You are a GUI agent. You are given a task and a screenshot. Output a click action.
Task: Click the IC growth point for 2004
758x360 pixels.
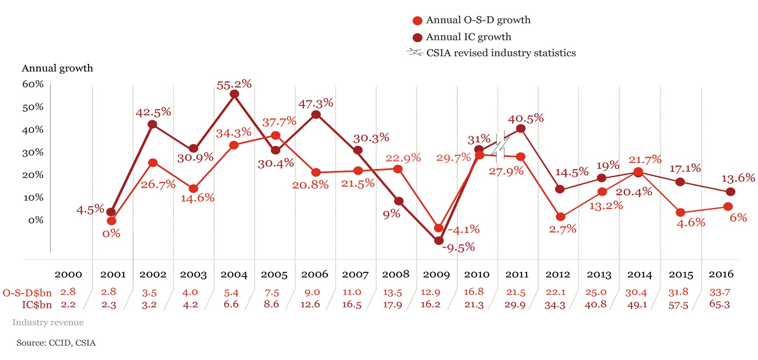pyautogui.click(x=234, y=94)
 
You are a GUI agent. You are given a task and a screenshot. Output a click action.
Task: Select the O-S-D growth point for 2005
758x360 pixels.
pyautogui.click(x=275, y=136)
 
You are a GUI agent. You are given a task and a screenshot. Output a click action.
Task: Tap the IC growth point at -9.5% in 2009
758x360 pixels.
pyautogui.click(x=439, y=241)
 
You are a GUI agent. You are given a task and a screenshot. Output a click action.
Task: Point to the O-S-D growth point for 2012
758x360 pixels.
pyautogui.click(x=560, y=217)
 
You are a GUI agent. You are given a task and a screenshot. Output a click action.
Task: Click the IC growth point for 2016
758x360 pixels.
pyautogui.click(x=731, y=192)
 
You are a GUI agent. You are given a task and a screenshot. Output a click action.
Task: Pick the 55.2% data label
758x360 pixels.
pyautogui.click(x=234, y=85)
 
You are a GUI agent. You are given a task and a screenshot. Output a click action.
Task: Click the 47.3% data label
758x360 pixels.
pyautogui.click(x=316, y=103)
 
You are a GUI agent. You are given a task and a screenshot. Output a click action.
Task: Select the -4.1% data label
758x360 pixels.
pyautogui.click(x=464, y=230)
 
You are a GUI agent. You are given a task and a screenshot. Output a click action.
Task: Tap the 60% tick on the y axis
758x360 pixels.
pyautogui.click(x=33, y=84)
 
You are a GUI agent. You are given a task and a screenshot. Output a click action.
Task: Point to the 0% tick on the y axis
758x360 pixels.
pyautogui.click(x=36, y=220)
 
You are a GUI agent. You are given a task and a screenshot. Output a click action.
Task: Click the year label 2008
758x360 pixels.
pyautogui.click(x=396, y=274)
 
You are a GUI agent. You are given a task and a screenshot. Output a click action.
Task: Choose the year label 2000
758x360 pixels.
pyautogui.click(x=68, y=274)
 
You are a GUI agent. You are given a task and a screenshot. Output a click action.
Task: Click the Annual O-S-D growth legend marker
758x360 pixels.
pyautogui.click(x=417, y=20)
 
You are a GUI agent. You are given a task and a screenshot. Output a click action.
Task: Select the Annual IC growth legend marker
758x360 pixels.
pyautogui.click(x=417, y=37)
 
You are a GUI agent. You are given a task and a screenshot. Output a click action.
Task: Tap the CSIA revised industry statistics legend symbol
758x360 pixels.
pyautogui.click(x=415, y=53)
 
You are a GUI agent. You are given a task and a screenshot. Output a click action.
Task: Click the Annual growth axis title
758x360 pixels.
pyautogui.click(x=57, y=68)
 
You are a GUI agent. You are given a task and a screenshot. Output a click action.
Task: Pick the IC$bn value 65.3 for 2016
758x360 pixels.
pyautogui.click(x=719, y=304)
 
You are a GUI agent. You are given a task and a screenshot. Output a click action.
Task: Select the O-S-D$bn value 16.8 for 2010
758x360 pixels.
pyautogui.click(x=474, y=292)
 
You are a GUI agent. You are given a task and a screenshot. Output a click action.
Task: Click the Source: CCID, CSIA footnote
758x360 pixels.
pyautogui.click(x=56, y=343)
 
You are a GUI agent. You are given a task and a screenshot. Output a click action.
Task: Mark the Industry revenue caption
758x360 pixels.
pyautogui.click(x=48, y=323)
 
